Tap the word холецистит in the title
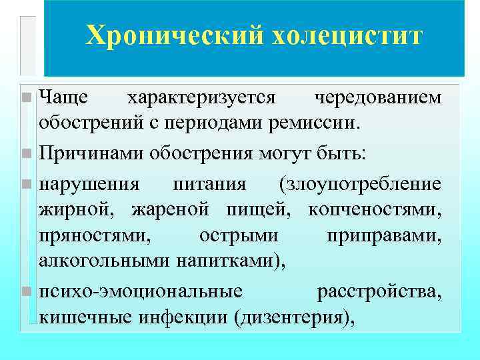click(x=346, y=36)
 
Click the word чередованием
click(x=377, y=98)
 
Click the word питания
click(x=209, y=183)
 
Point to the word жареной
click(x=171, y=211)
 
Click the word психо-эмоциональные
click(x=141, y=291)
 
